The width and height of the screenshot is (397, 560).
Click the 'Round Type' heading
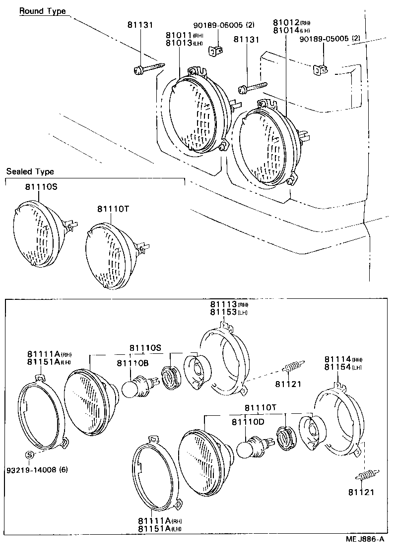coord(42,11)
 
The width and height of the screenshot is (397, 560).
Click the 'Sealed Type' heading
coord(30,171)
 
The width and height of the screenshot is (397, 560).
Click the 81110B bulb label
coord(132,363)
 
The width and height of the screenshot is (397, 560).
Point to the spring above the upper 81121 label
coord(293,368)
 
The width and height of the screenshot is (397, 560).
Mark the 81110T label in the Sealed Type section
coord(113,209)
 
